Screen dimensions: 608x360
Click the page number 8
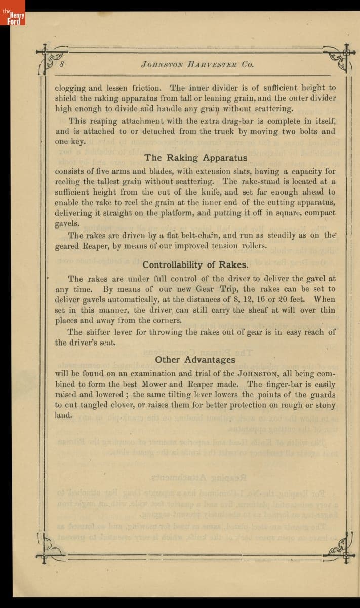pos(61,64)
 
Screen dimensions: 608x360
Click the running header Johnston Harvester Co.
pos(197,64)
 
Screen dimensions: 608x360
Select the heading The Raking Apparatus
pos(196,158)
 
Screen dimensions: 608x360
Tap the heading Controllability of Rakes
pos(195,264)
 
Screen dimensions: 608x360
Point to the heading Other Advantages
pos(195,360)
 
